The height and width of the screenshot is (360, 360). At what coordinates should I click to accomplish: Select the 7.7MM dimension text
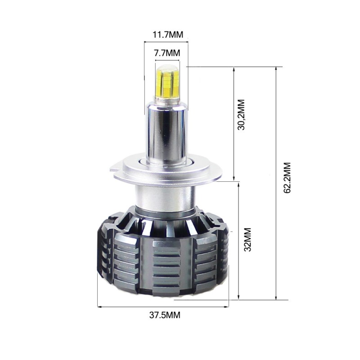[x=166, y=53]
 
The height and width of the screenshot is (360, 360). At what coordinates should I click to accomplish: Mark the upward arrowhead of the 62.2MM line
[x=276, y=69]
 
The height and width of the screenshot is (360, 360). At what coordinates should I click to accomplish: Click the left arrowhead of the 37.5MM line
[x=99, y=307]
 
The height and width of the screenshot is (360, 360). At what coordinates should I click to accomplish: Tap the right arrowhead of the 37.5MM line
[x=228, y=307]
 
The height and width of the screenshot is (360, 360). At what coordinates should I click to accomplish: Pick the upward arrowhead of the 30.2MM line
[x=234, y=69]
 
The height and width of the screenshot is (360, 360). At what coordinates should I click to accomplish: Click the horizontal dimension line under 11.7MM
[x=166, y=42]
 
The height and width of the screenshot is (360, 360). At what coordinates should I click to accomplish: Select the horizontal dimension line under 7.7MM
[x=166, y=60]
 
